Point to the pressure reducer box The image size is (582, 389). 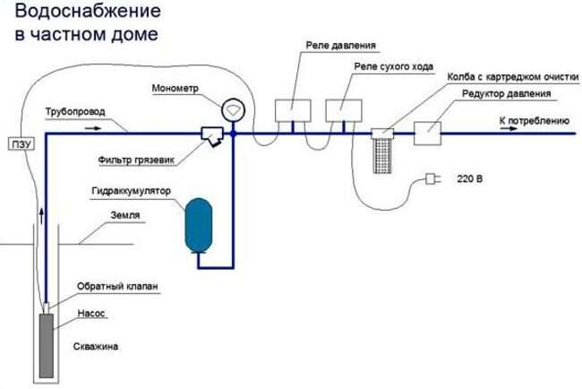426,131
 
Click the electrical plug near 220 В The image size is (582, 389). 433,179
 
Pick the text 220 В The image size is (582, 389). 469,179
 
